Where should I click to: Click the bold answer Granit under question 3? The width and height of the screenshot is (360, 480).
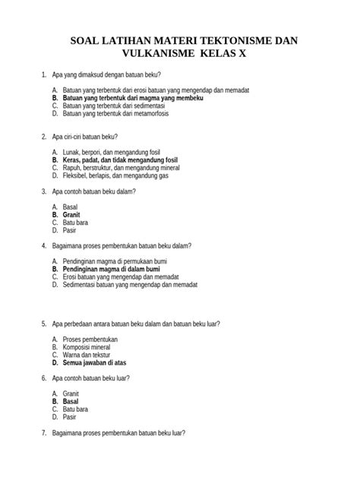(72, 216)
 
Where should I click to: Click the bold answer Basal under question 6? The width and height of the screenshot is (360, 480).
(71, 401)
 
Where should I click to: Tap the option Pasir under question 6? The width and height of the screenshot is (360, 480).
(71, 416)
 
